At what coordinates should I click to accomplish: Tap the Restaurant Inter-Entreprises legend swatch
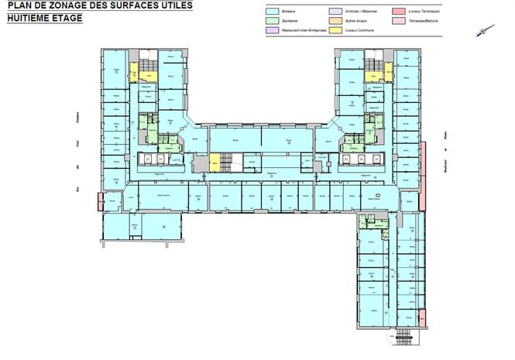click(273, 31)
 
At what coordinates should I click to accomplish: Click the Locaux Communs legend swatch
click(335, 31)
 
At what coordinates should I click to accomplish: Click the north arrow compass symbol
click(482, 30)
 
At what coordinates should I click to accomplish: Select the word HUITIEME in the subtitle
click(26, 15)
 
